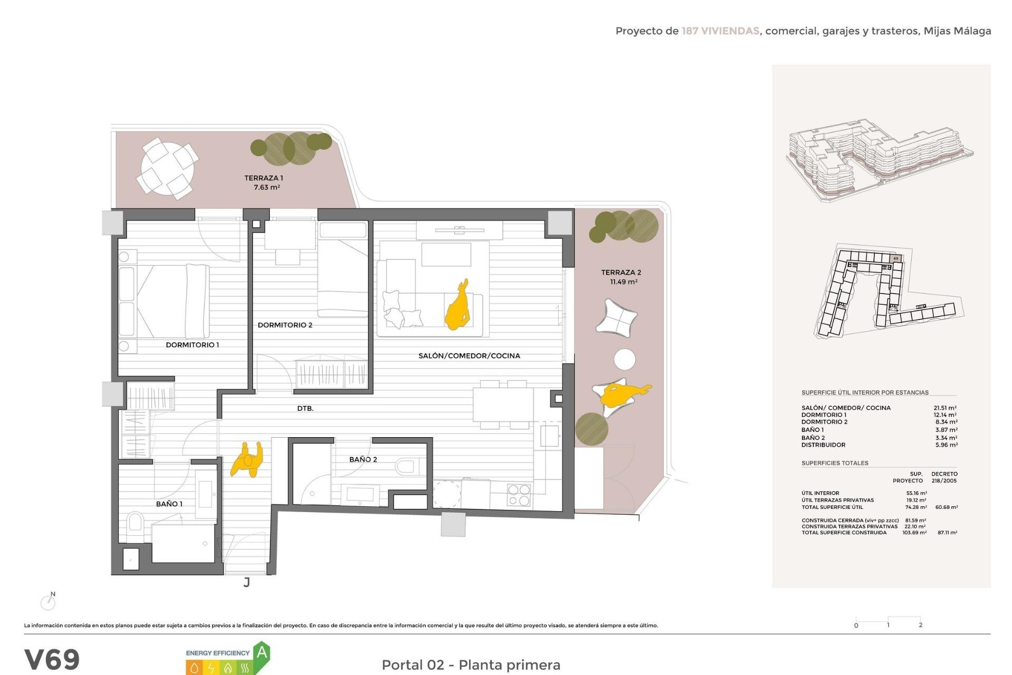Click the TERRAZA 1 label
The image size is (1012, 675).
[x=264, y=178]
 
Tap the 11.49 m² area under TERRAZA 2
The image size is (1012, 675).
[x=624, y=282]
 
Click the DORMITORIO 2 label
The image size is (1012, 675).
[x=285, y=325]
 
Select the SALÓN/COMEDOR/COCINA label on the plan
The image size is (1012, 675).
[x=469, y=356]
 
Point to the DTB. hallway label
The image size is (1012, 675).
[x=305, y=409]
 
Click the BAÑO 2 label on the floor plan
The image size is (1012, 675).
[x=363, y=460]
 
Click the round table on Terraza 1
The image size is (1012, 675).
[x=168, y=169]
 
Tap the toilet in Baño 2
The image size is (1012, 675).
[x=406, y=466]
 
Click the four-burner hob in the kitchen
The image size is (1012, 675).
[x=519, y=495]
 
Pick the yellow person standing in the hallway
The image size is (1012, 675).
[x=247, y=459]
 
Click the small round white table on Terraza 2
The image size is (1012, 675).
[x=625, y=359]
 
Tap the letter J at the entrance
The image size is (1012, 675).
[x=247, y=583]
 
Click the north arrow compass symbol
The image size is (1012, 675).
[x=48, y=602]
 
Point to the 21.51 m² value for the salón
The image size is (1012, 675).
[x=945, y=408]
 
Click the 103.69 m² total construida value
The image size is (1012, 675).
[x=914, y=533]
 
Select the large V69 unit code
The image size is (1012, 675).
[x=52, y=659]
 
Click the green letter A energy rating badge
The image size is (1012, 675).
[x=261, y=654]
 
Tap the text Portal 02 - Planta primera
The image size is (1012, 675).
[x=471, y=665]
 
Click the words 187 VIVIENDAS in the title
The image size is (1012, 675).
[x=720, y=31]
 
